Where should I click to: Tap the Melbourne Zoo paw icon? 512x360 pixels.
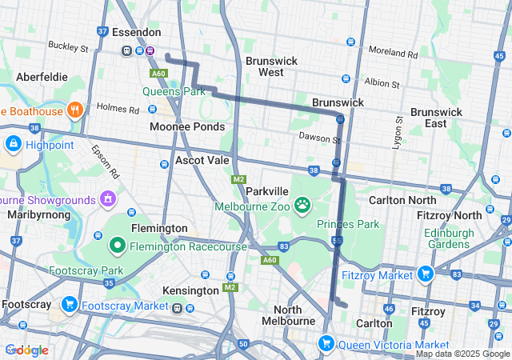point(302,206)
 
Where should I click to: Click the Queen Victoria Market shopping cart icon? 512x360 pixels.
point(326,344)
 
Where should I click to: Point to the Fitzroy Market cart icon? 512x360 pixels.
point(424,274)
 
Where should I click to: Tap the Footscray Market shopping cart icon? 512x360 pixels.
point(70,305)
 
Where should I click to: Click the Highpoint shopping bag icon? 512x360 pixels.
point(13,145)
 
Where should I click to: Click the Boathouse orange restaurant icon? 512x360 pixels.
point(74,110)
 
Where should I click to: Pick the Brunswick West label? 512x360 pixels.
point(271,66)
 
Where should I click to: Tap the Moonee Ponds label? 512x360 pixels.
point(187,127)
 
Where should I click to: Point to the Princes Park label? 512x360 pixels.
point(348,224)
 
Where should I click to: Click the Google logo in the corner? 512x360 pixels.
point(26,350)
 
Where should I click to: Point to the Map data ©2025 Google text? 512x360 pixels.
point(462,354)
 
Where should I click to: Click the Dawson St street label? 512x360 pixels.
point(314,137)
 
